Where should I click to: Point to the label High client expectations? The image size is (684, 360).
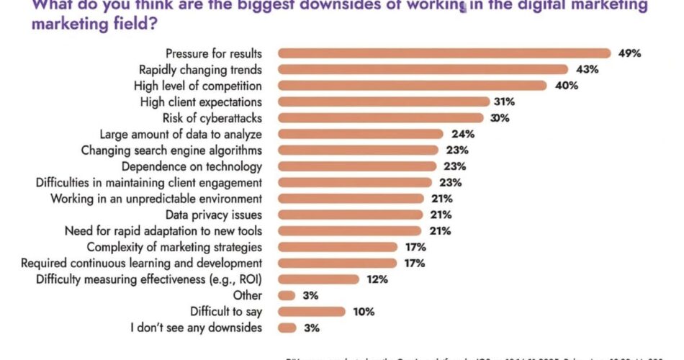(x=201, y=102)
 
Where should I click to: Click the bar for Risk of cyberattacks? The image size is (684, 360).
(x=380, y=117)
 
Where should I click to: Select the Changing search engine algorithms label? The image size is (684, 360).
(x=171, y=150)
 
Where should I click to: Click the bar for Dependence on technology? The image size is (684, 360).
(x=356, y=166)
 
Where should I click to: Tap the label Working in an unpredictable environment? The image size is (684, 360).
(x=156, y=198)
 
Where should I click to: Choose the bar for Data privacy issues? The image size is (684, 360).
(x=349, y=215)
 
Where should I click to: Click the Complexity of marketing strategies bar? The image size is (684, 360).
(x=337, y=247)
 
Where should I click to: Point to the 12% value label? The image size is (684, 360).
(x=377, y=279)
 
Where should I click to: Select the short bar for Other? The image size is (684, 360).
(x=286, y=295)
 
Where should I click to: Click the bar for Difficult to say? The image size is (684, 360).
(x=311, y=312)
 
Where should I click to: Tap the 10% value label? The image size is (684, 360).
(x=363, y=312)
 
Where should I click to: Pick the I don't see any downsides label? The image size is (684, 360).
(x=196, y=328)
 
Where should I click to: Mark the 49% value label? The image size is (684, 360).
(x=628, y=53)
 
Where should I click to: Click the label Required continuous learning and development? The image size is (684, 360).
(x=141, y=263)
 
